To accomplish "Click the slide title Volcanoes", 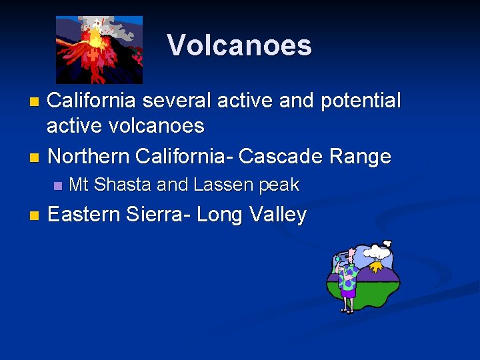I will click(239, 45).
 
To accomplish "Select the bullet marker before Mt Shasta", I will click(57, 185).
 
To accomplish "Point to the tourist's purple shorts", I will click(347, 289).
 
